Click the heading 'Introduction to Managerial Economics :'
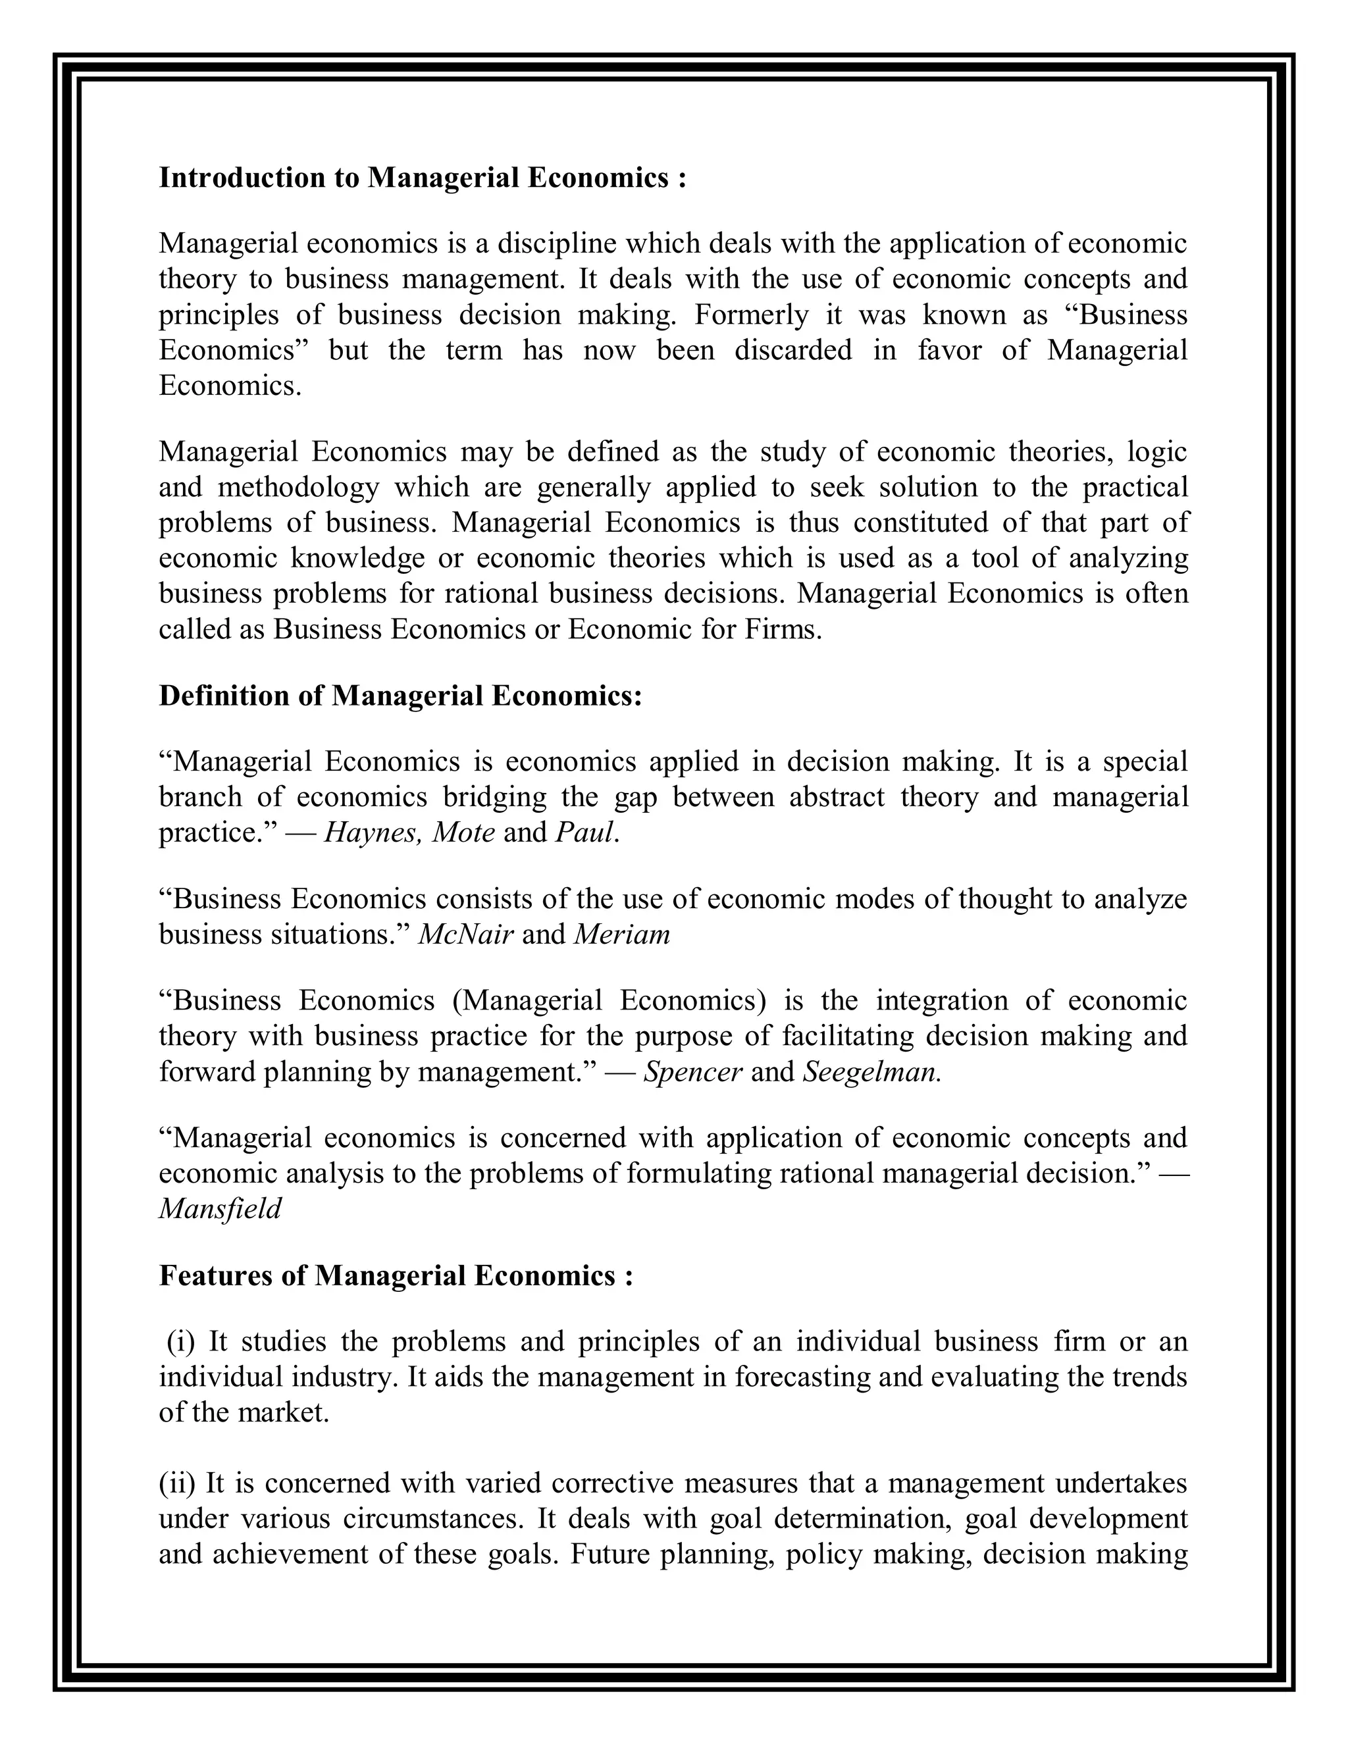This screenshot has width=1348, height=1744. (423, 177)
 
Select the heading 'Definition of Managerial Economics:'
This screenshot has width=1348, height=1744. (400, 696)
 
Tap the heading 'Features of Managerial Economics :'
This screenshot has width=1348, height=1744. (396, 1275)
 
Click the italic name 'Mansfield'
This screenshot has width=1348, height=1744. (220, 1209)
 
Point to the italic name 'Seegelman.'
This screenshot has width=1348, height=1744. (872, 1071)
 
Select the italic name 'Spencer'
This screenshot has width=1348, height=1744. (692, 1071)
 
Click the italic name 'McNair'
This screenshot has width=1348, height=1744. (465, 935)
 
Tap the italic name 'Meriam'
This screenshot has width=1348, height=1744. (622, 935)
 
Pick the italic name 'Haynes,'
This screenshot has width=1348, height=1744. (374, 833)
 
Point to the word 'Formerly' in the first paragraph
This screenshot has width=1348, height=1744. (752, 315)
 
